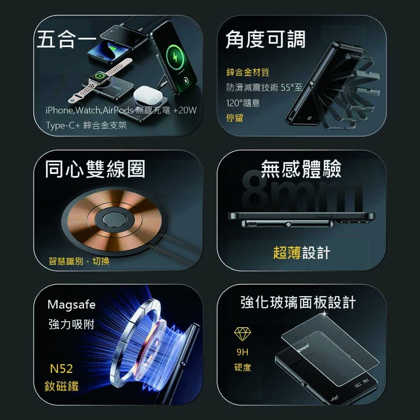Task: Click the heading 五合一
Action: (x=66, y=39)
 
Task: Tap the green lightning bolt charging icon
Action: (x=175, y=57)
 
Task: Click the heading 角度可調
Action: (x=265, y=39)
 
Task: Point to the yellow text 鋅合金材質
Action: (x=248, y=72)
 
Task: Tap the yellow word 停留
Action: (x=235, y=118)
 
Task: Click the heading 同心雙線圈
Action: (x=95, y=169)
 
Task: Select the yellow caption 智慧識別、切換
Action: (x=79, y=261)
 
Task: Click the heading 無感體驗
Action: (x=301, y=169)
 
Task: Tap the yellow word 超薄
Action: (x=287, y=252)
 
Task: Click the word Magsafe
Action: (x=71, y=305)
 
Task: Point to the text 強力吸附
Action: (x=71, y=324)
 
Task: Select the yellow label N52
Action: (x=61, y=369)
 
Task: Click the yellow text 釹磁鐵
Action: (x=61, y=386)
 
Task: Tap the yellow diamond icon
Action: (x=243, y=334)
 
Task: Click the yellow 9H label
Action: (x=242, y=352)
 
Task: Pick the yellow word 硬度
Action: (x=243, y=367)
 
